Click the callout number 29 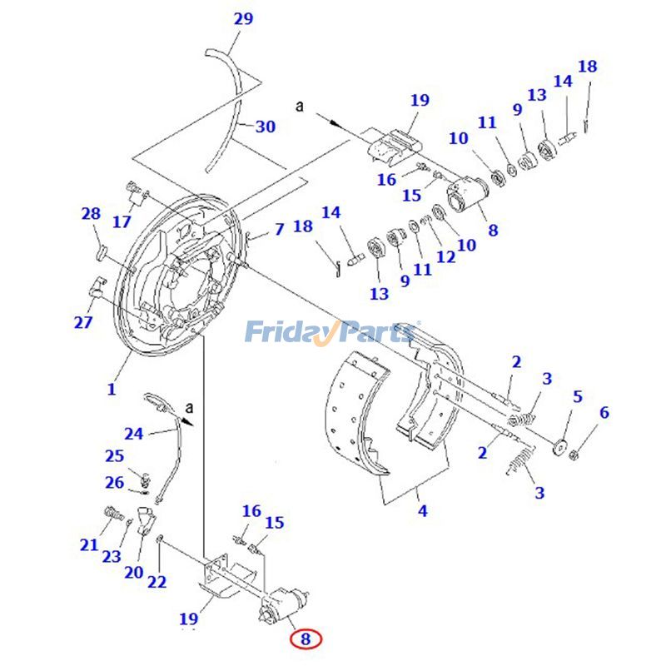point(243,18)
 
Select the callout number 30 point(265,127)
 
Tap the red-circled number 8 point(306,639)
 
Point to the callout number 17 point(122,221)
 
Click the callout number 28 point(91,215)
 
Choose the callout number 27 point(83,322)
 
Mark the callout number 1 point(112,389)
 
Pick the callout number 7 point(279,228)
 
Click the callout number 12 point(446,256)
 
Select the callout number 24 point(134,433)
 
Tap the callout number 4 point(423,510)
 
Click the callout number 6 point(604,412)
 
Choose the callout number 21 point(89,545)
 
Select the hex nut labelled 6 point(574,455)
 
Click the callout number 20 point(134,572)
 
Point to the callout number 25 point(114,455)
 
